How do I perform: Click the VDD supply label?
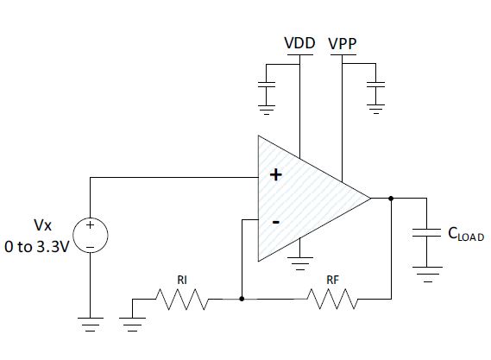point(299,43)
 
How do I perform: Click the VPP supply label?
point(343,43)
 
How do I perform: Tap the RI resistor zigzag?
point(182,300)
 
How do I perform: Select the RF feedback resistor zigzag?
point(332,299)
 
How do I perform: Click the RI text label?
point(182,280)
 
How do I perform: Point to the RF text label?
point(332,280)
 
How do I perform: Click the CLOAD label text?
point(466,234)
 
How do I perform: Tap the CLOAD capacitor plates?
point(426,233)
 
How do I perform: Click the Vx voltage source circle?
point(91,235)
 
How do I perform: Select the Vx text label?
point(42,225)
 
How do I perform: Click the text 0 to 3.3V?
point(36,247)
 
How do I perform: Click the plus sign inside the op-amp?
point(275,174)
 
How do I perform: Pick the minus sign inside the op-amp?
point(275,223)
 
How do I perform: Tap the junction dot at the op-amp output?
point(391,198)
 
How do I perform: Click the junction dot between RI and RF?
point(242,299)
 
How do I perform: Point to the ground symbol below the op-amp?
point(300,264)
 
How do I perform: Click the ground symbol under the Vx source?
point(91,325)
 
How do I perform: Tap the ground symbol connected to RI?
point(132,325)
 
